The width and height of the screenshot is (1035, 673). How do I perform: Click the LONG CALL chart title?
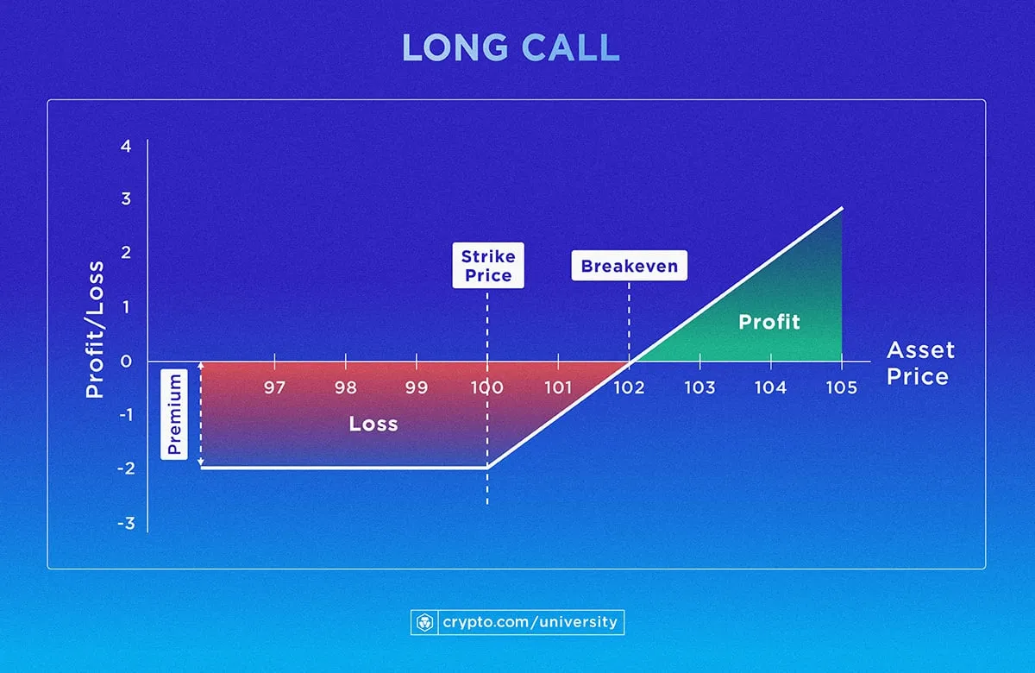click(511, 49)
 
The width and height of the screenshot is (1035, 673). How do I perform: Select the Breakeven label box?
click(629, 266)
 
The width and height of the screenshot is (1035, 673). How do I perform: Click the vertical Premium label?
click(175, 414)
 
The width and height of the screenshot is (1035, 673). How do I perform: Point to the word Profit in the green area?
click(769, 323)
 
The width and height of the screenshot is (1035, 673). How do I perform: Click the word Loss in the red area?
click(373, 424)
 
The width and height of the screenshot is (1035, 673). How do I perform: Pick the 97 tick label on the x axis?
click(274, 387)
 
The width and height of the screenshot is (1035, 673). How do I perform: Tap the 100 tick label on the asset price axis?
click(487, 387)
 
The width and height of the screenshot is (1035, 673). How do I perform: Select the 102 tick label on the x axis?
click(629, 387)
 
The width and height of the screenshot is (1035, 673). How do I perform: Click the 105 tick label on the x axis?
click(841, 387)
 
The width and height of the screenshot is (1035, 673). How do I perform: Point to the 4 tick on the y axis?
click(127, 146)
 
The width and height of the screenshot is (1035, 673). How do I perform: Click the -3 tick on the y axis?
click(125, 523)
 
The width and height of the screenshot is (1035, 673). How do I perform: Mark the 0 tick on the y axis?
click(127, 362)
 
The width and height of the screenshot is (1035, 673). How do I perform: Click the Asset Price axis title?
click(919, 363)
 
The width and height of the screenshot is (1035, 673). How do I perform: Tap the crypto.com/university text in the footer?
click(530, 621)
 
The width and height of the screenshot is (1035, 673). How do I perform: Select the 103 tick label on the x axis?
click(699, 387)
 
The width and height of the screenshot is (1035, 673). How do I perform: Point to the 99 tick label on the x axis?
click(417, 387)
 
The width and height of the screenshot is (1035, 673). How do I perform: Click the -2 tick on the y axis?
click(125, 469)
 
